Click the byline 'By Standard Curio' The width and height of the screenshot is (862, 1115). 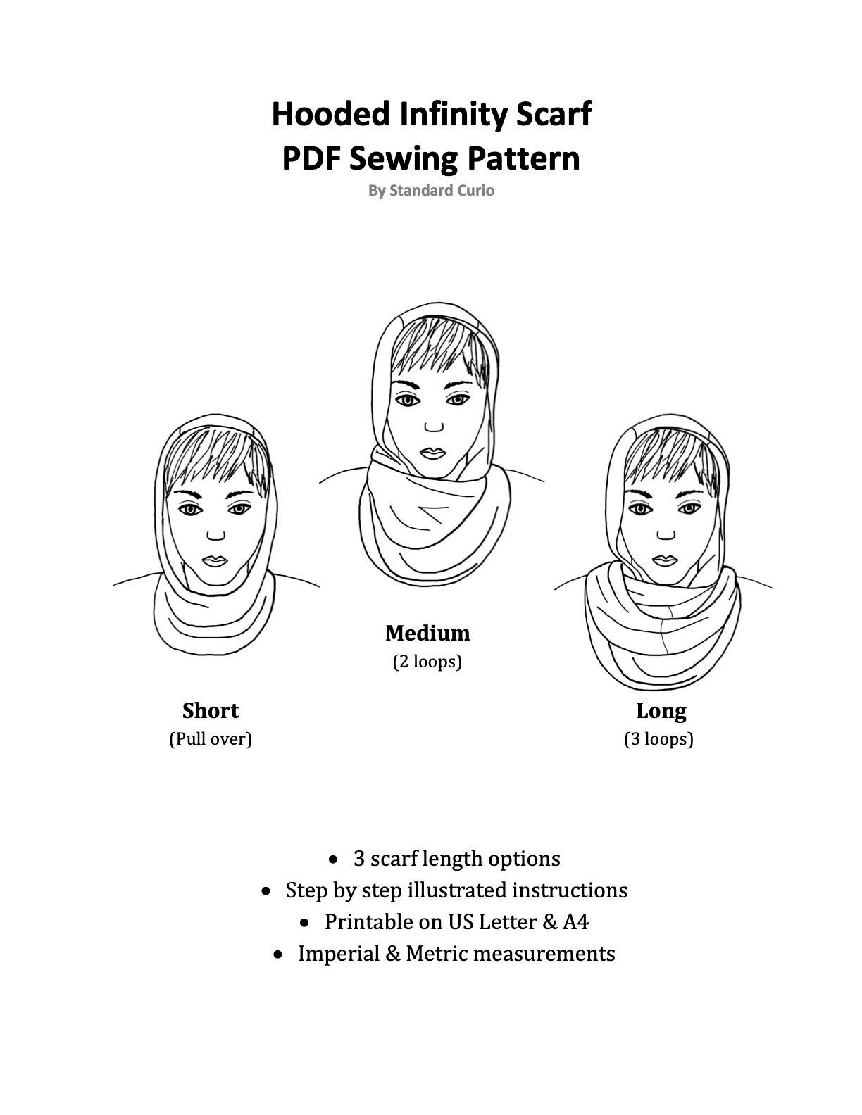(x=431, y=190)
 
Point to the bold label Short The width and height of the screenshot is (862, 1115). (x=211, y=711)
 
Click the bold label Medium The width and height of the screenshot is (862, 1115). (x=427, y=634)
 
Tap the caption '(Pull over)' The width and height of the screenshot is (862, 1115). (x=211, y=739)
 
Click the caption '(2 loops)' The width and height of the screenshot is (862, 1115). (x=427, y=662)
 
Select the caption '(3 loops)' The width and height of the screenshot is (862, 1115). (x=658, y=739)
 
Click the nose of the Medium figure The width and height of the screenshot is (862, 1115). (x=434, y=427)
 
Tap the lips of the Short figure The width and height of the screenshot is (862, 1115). (x=215, y=561)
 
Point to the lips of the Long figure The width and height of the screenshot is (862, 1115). (x=665, y=560)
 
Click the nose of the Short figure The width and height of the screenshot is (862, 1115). (x=216, y=535)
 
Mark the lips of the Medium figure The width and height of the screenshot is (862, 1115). (x=432, y=453)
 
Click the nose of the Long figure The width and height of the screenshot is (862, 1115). (x=666, y=534)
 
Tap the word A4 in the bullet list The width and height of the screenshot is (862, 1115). (x=575, y=922)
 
